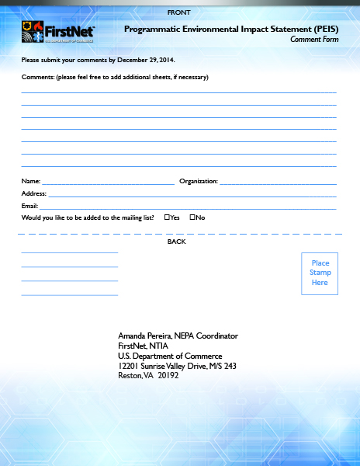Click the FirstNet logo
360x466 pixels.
(x=58, y=32)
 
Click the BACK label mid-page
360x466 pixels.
(x=177, y=242)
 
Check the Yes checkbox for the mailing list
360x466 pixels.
(x=167, y=217)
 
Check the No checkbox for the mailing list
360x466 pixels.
(x=192, y=217)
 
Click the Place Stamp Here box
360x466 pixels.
(x=320, y=273)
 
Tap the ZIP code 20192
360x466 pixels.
(x=168, y=375)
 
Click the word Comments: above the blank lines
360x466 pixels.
(x=37, y=77)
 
